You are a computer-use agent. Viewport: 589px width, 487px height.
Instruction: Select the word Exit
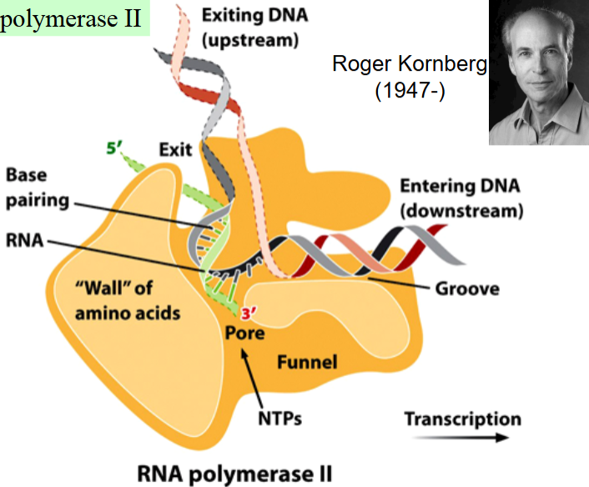click(x=175, y=151)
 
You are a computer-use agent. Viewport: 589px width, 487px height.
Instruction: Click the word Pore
click(x=244, y=334)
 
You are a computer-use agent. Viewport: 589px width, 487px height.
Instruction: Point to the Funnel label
click(x=306, y=362)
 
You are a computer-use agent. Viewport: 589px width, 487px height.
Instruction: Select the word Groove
click(x=467, y=289)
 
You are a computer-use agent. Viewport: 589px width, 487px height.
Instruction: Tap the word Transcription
click(x=462, y=419)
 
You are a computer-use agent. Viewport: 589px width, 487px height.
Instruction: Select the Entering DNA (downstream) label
click(x=461, y=198)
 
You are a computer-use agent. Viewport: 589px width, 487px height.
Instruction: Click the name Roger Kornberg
click(x=408, y=64)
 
